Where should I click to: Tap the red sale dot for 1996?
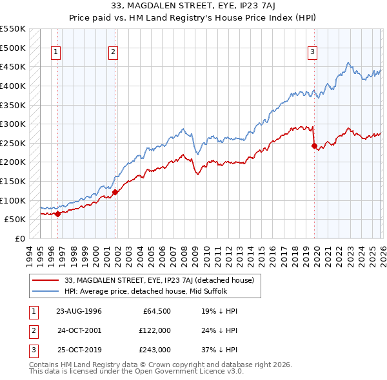point(57,214)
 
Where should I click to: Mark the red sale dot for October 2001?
point(115,192)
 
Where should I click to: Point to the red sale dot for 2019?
point(314,146)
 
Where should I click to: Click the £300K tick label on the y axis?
point(12,124)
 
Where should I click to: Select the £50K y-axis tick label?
point(15,219)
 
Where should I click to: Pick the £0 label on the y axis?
point(19,238)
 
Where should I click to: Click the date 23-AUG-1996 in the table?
point(79,311)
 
